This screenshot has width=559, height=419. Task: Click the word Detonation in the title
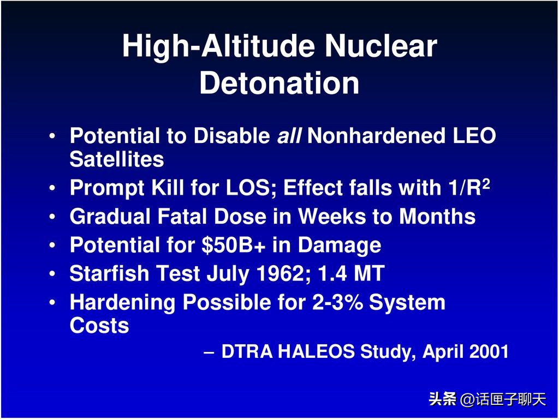[x=279, y=83]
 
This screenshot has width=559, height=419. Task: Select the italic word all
[x=289, y=136]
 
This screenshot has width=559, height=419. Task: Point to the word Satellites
[x=116, y=159]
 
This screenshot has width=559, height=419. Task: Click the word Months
[x=437, y=217]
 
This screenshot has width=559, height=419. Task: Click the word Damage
[x=339, y=246]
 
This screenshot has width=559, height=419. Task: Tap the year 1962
[x=287, y=274]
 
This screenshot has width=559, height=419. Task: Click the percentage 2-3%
[x=337, y=302]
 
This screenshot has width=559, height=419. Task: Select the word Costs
[x=99, y=326]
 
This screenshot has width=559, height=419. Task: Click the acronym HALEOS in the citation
[x=316, y=352]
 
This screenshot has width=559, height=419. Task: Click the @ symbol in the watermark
[x=467, y=400]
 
